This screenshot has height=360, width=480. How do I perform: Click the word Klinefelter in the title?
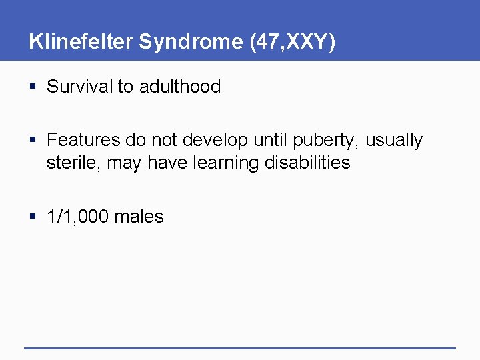(x=81, y=42)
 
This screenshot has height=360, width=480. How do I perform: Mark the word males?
(x=139, y=217)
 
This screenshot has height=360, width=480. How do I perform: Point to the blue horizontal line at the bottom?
(x=240, y=348)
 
